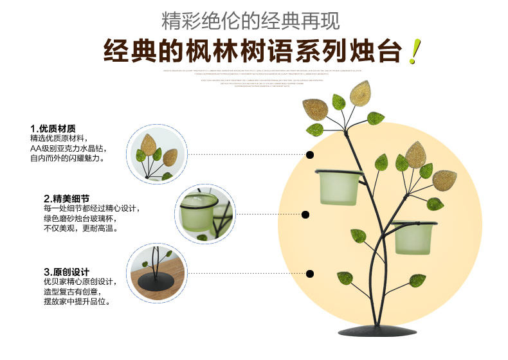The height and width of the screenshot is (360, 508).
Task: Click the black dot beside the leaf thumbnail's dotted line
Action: tap(310, 154)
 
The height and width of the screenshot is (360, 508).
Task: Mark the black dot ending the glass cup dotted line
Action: tap(305, 215)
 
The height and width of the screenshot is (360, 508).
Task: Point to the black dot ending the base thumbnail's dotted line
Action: tap(309, 274)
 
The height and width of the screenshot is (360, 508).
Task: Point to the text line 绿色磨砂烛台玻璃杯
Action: tap(83, 219)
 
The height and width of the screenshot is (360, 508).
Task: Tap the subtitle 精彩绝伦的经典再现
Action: tap(251, 20)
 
